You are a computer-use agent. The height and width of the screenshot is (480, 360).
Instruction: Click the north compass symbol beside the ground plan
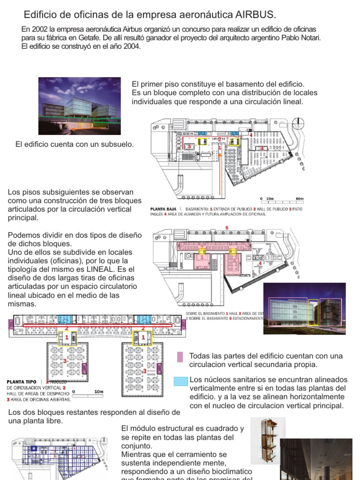pos(297,124)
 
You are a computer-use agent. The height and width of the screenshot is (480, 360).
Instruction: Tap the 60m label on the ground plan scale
pos(300,199)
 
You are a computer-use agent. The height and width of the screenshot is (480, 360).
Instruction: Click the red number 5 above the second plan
pos(227,228)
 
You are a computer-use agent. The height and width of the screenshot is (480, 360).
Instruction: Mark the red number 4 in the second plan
pos(260,263)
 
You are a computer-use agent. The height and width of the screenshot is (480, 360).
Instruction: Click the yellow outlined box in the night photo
pos(313,311)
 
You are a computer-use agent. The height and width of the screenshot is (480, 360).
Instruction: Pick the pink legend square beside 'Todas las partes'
pos(180,357)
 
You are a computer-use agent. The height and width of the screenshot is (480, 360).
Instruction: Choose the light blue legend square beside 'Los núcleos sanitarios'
pos(180,381)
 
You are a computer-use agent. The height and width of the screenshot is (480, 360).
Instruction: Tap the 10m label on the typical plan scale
pos(98,391)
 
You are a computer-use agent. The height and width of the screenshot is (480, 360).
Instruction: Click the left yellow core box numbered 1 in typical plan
pos(67,337)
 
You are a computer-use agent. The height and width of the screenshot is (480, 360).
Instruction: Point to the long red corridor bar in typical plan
pos(94,324)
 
